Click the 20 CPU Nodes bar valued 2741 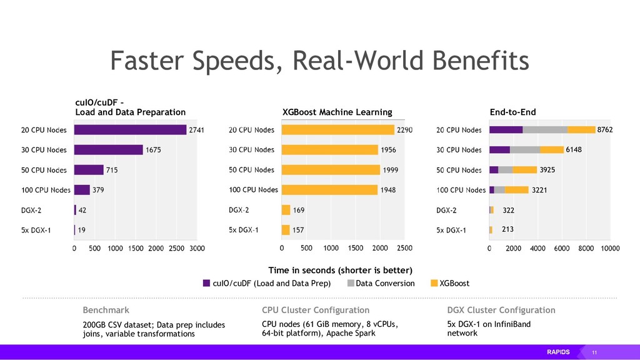click(130, 130)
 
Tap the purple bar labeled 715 click(89, 170)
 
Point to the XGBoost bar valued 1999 click(331, 170)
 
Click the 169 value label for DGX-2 click(299, 210)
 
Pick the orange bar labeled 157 click(286, 230)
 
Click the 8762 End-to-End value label click(606, 130)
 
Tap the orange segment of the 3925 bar click(525, 170)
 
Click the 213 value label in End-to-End click(508, 229)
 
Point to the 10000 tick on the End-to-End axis click(610, 249)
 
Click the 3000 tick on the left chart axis click(197, 249)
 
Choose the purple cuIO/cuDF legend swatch click(207, 284)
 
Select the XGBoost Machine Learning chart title click(337, 112)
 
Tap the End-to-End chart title click(513, 112)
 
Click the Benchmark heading click(106, 311)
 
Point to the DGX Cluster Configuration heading click(501, 311)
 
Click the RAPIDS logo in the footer click(559, 352)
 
